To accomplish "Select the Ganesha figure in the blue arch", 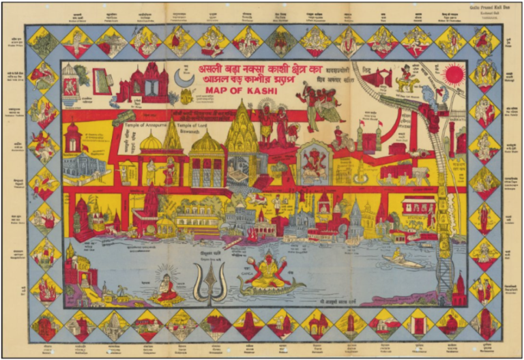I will click(x=315, y=162).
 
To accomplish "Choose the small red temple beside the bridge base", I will click(x=458, y=289).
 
